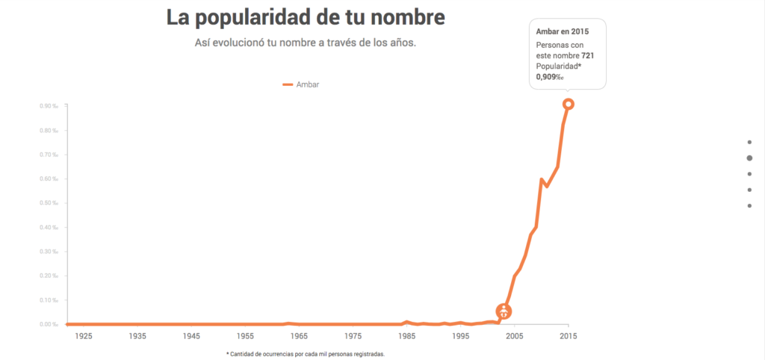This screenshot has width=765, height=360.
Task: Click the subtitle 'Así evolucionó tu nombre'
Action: (x=305, y=43)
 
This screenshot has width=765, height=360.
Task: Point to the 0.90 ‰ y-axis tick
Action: (x=49, y=106)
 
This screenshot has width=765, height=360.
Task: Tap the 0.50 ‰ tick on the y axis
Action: (x=49, y=203)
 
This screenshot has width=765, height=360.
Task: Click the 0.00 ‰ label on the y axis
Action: (x=49, y=324)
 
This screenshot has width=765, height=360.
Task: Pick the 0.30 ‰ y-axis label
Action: (x=49, y=252)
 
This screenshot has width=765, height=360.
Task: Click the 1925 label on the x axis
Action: (x=83, y=337)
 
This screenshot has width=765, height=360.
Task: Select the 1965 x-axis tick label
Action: (x=299, y=337)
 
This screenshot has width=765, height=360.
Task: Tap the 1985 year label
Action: (x=406, y=337)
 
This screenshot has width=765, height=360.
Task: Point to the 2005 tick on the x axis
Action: (x=514, y=337)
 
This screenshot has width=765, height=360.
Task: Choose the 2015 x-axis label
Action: (x=569, y=337)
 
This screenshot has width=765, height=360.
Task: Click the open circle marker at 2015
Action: (x=569, y=105)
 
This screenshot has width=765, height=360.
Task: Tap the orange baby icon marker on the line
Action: (x=504, y=311)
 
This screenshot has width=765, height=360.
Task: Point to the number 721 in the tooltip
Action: (x=588, y=56)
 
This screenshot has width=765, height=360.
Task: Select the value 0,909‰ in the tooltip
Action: (x=548, y=77)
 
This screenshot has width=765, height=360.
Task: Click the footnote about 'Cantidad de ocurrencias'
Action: (x=305, y=354)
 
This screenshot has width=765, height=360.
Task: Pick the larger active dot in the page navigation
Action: (x=749, y=158)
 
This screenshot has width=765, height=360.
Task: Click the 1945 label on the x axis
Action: (x=191, y=337)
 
